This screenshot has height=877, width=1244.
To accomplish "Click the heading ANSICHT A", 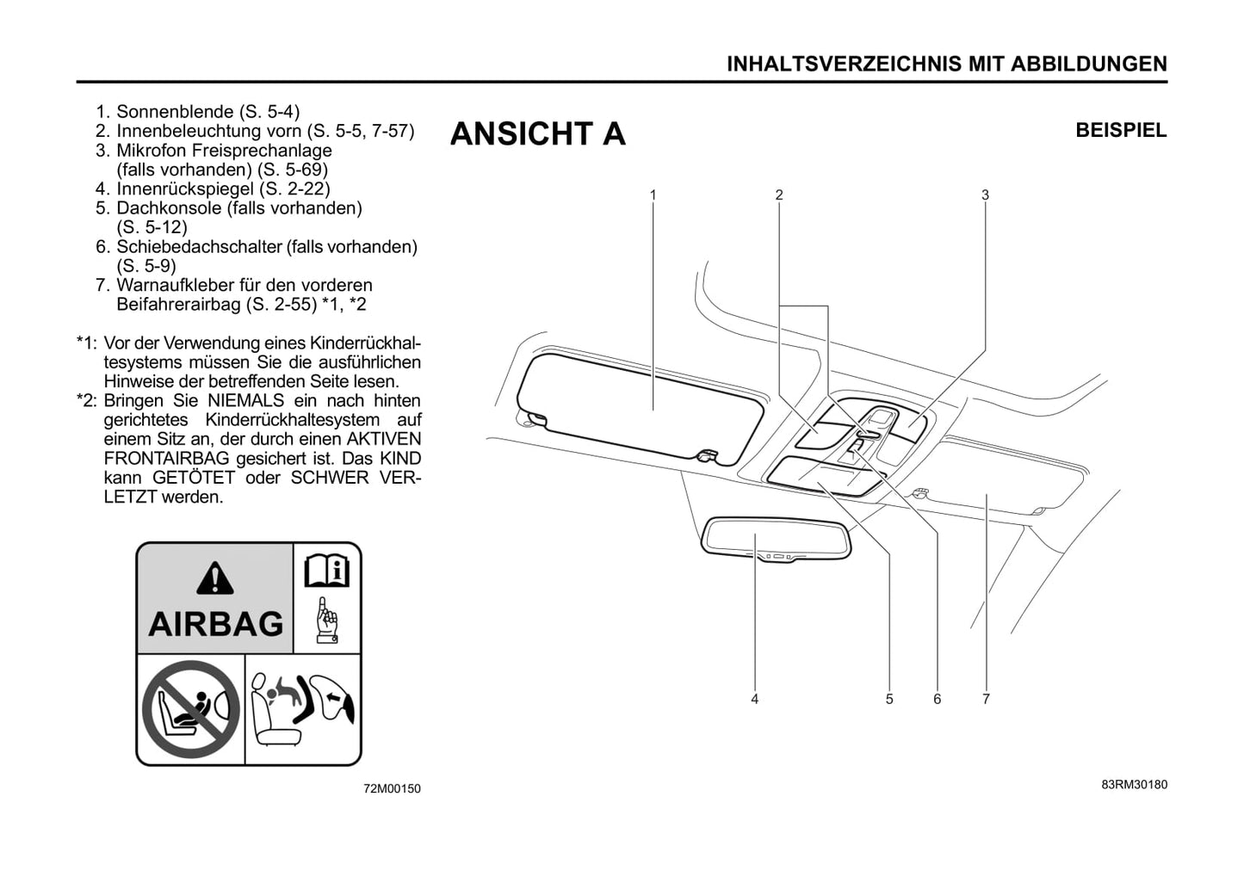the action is (537, 133).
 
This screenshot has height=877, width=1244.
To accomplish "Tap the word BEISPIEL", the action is (1121, 131).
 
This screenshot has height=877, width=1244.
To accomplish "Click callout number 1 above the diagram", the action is (653, 195).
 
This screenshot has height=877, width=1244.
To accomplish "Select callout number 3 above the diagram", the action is (985, 195).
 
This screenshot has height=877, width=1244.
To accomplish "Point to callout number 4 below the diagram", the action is (755, 700).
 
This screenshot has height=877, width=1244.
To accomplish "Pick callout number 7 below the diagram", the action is (987, 700).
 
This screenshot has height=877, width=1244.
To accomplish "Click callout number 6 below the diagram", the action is (938, 700).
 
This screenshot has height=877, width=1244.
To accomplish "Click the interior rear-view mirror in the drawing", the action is (776, 539).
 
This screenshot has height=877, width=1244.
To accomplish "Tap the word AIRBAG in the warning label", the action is (216, 624).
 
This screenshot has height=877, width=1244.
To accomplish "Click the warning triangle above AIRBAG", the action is (215, 577).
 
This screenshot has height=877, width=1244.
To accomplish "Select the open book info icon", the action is (327, 571).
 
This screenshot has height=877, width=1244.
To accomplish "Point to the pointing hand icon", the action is (327, 620).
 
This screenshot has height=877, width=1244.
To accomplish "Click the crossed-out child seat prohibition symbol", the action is (191, 709).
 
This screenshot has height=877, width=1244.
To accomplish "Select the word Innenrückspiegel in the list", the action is (185, 188).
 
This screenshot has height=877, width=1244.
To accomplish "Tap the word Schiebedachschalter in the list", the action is (198, 246).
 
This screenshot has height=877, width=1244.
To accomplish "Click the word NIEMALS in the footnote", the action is (245, 401).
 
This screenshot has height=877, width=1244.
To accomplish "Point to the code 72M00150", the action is (392, 788).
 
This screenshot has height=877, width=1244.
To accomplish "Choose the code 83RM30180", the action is (1135, 785).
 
